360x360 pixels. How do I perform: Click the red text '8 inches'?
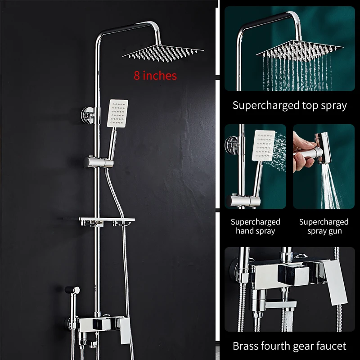pos(155,76)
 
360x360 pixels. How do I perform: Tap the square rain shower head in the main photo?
pos(163,53)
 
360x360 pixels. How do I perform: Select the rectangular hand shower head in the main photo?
pos(117,113)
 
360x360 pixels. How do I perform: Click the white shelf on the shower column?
pos(107,220)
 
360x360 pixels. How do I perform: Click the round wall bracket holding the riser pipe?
pos(88,115)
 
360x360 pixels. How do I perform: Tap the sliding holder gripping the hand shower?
pos(99,162)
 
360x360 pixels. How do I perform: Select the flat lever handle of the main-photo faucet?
pos(125,331)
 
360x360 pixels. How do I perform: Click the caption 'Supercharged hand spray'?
pos(255,226)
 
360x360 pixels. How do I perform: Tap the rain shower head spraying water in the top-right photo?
pos(300,51)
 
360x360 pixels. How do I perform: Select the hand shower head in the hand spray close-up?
pos(263,145)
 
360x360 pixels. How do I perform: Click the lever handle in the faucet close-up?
pos(334,282)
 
